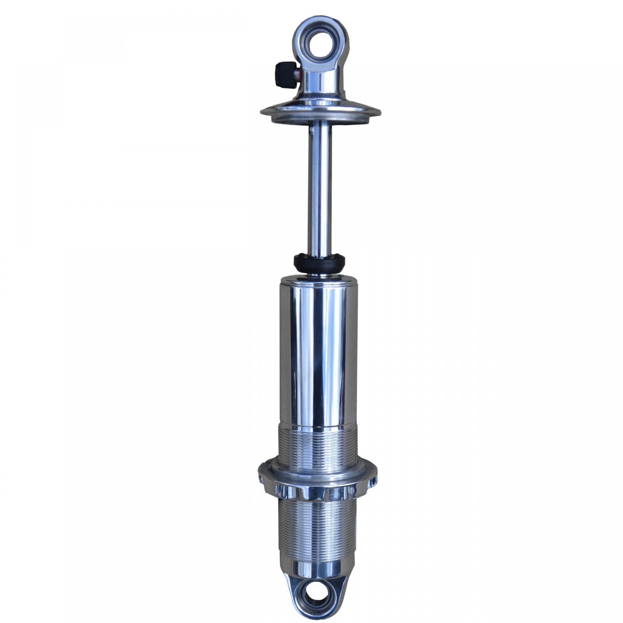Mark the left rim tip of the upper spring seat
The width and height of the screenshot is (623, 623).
[262, 112]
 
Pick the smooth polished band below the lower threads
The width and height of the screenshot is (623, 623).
[317, 570]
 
